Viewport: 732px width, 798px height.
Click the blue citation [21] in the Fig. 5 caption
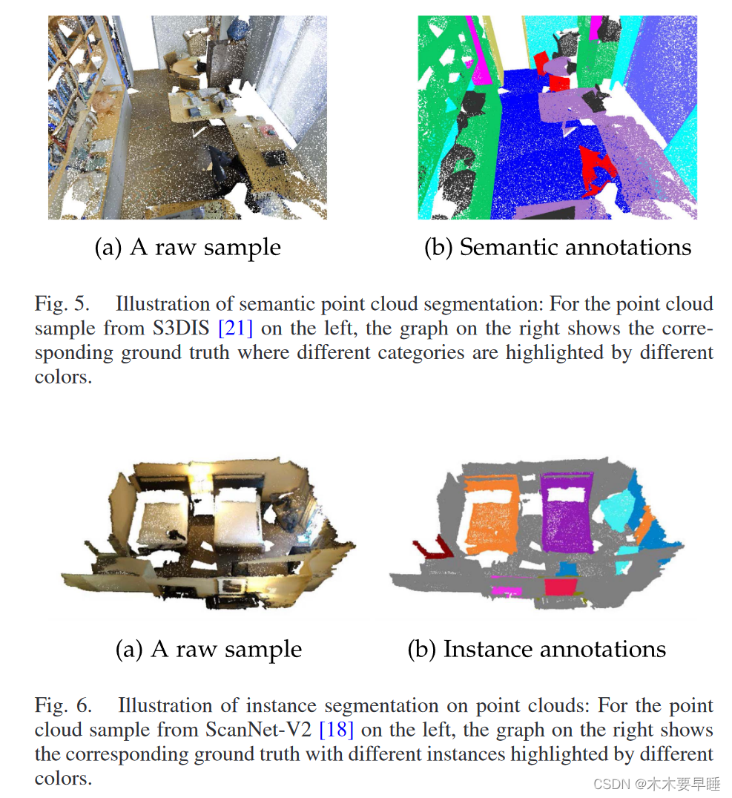(x=236, y=328)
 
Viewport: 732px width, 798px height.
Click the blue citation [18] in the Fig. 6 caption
(x=335, y=730)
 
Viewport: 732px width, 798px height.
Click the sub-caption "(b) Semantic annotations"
(x=557, y=247)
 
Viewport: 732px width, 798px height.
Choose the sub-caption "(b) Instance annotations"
(x=536, y=649)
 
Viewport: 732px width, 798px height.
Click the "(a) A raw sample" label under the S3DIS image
(x=188, y=247)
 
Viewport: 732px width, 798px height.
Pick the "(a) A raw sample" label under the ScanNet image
(x=208, y=649)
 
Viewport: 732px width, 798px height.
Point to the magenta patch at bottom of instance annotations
(x=506, y=589)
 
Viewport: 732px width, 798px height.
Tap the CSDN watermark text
(x=667, y=784)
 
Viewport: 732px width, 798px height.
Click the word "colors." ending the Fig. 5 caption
(x=64, y=377)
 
